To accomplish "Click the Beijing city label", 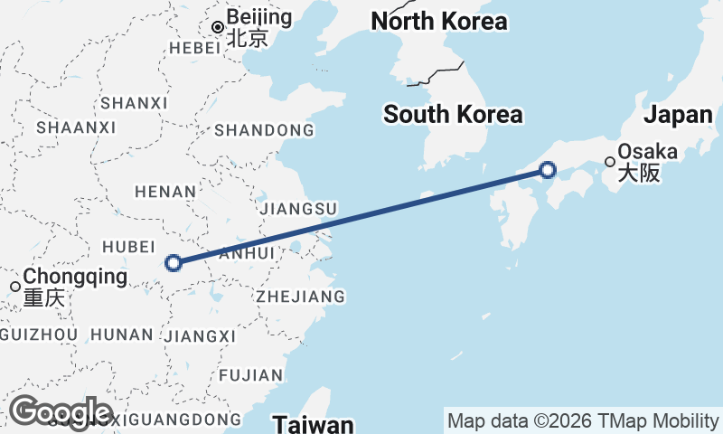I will pos(259,18).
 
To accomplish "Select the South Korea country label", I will pos(453,115).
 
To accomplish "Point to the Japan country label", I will pos(679,115).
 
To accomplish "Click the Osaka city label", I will pos(648,154).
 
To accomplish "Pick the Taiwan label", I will pos(314,424).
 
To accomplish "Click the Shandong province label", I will pos(265,130).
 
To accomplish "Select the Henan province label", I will pos(165,192).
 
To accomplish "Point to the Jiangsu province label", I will pos(298,209).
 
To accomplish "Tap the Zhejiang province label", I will pos(300,296).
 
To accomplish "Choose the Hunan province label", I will pos(123,335).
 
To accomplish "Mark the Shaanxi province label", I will pos(77,127).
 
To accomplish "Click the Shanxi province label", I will pos(135,103).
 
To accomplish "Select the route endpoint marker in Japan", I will pos(548,169).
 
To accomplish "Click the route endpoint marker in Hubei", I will pos(174,263).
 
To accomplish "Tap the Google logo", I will pos(60,412).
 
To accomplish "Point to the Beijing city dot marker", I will pos(217,27).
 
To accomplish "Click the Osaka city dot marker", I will pos(611,163).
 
